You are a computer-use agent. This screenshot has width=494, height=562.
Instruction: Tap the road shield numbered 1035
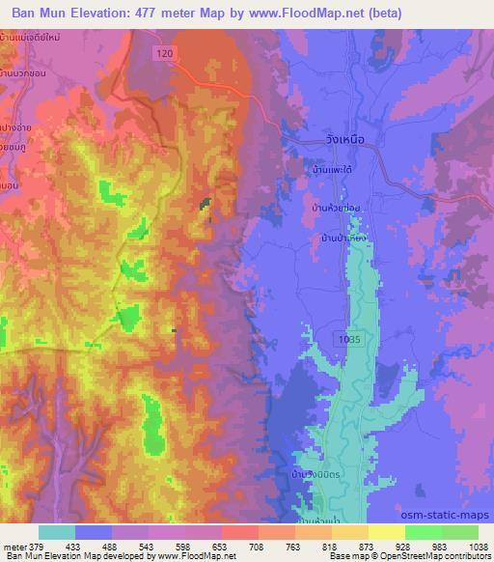(x=351, y=338)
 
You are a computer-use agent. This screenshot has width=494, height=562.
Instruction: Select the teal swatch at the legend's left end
(x=58, y=532)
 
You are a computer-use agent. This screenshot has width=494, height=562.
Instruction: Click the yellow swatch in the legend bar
(x=385, y=532)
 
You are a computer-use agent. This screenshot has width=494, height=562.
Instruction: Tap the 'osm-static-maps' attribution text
(x=453, y=514)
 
